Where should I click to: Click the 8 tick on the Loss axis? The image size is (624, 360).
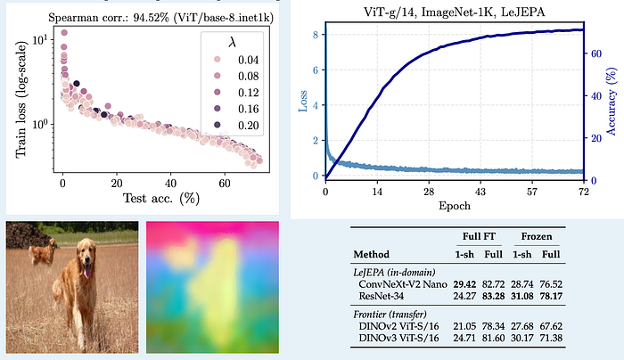coord(316,35)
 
